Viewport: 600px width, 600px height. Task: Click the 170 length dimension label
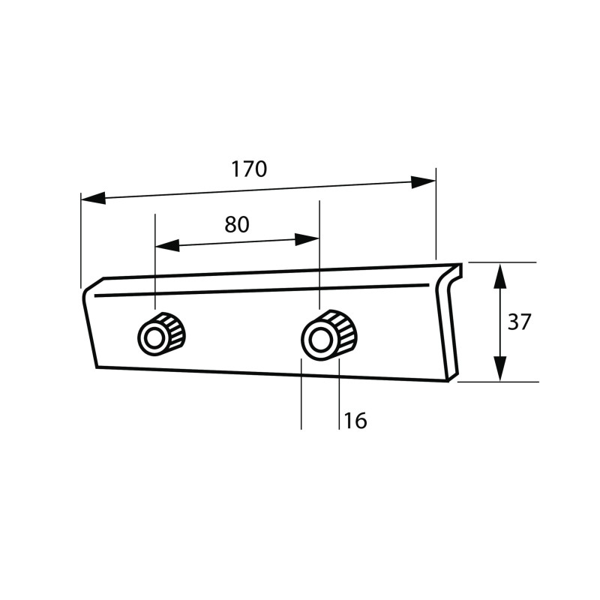pos(249,169)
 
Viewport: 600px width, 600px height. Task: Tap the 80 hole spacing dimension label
pos(237,224)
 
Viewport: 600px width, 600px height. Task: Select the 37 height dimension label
pos(519,322)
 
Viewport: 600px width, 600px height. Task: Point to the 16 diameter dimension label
pos(355,421)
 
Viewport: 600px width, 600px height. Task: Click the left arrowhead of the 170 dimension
pos(93,198)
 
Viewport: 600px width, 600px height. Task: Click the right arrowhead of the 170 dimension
pos(423,182)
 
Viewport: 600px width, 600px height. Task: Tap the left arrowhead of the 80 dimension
pos(167,246)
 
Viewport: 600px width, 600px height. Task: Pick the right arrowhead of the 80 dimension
pos(307,240)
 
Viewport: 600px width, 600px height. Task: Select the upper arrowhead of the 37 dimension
pos(500,275)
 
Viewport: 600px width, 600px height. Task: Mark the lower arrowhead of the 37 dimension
pos(500,369)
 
